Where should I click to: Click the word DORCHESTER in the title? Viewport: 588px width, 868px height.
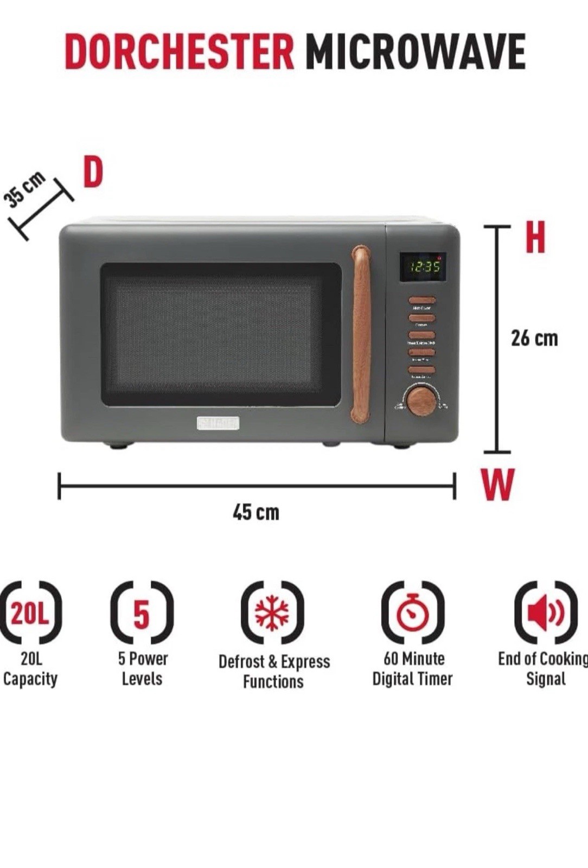[x=179, y=52]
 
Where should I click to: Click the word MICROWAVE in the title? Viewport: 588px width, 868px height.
[x=415, y=52]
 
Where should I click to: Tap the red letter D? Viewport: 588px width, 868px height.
[x=93, y=172]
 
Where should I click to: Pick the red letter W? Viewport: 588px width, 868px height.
[x=497, y=484]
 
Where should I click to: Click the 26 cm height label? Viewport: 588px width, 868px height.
[x=534, y=339]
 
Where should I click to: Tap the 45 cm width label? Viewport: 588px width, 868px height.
[x=256, y=512]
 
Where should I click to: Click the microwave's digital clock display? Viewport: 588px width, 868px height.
[x=423, y=266]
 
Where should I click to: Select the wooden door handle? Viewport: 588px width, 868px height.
[x=361, y=334]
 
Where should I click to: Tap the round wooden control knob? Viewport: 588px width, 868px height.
[x=421, y=401]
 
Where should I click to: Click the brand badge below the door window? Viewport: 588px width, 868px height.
[x=218, y=423]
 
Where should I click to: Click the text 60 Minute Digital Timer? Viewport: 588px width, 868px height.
[x=412, y=668]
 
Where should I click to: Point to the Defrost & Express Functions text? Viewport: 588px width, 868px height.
[x=274, y=672]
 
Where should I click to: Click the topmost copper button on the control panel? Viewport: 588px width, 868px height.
[x=422, y=300]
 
